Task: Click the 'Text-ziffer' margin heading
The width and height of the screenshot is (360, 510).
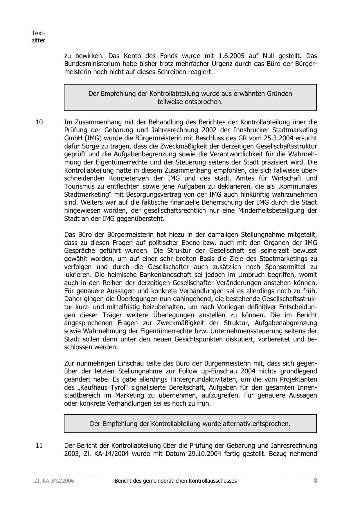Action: (38, 37)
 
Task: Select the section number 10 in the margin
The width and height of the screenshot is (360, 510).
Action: (39, 122)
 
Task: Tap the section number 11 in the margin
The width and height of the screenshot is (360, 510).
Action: (39, 445)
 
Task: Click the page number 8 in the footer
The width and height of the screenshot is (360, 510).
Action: (315, 481)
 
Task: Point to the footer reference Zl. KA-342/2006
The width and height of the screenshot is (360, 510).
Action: (54, 481)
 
